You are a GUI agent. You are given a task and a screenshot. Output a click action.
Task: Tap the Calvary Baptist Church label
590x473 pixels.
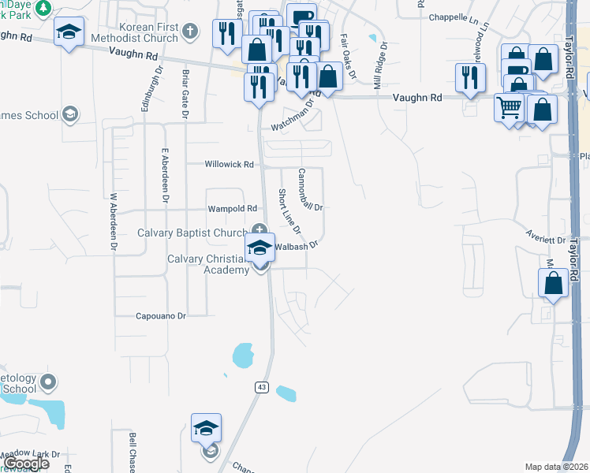[x=192, y=233]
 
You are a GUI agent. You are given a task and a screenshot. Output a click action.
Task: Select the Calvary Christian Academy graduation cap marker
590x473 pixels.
[x=260, y=248]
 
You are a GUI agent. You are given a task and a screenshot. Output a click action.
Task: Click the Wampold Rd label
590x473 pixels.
[x=232, y=209]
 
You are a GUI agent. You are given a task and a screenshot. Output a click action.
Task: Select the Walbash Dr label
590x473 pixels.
[x=297, y=246]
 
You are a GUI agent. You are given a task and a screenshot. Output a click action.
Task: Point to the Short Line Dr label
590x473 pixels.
[x=288, y=211]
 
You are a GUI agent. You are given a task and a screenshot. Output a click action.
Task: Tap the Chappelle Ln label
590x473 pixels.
[x=455, y=17]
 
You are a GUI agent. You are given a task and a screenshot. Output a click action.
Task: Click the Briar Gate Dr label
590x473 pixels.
[x=186, y=95]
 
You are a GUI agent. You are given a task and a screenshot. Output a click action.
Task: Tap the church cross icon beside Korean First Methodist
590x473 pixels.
[x=189, y=32]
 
